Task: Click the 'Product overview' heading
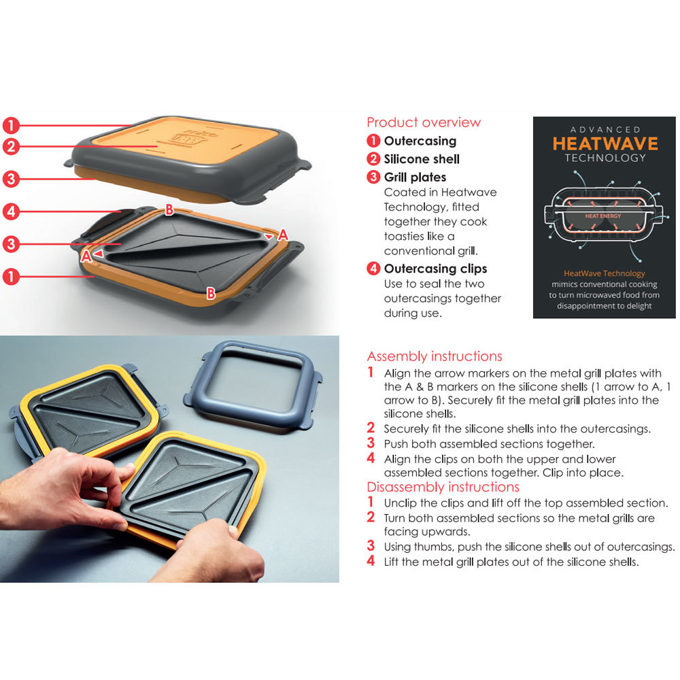pyautogui.click(x=423, y=122)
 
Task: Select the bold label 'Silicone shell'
pyautogui.click(x=422, y=159)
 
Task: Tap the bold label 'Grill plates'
pyautogui.click(x=415, y=177)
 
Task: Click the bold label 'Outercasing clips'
pyautogui.click(x=435, y=269)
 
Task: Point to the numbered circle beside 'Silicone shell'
pyautogui.click(x=373, y=159)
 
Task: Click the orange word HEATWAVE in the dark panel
pyautogui.click(x=605, y=143)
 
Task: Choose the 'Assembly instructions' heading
pyautogui.click(x=435, y=356)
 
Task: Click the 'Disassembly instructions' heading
pyautogui.click(x=443, y=487)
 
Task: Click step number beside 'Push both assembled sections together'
pyautogui.click(x=371, y=443)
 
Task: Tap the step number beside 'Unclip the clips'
pyautogui.click(x=371, y=503)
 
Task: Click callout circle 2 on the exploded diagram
pyautogui.click(x=10, y=146)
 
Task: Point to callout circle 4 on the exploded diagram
pyautogui.click(x=10, y=211)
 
